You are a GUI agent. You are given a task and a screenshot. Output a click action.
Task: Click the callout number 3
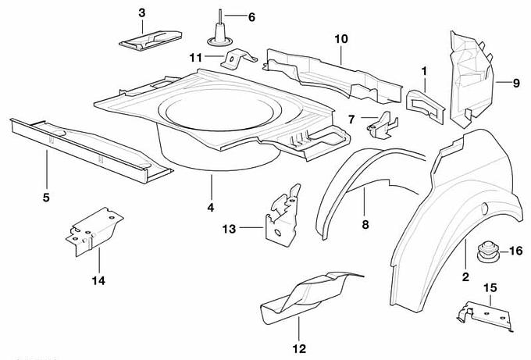(x=141, y=12)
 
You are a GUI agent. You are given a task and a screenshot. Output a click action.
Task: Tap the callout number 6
(x=251, y=16)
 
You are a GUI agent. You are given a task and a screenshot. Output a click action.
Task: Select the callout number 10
(x=340, y=38)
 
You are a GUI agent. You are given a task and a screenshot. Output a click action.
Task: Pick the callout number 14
(x=99, y=280)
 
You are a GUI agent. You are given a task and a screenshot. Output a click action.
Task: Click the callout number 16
(x=515, y=251)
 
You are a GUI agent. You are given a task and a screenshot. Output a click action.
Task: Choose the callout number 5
(x=46, y=198)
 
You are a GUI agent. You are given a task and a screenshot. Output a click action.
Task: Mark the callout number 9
(x=516, y=81)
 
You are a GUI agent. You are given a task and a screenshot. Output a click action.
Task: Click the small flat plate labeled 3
(x=146, y=38)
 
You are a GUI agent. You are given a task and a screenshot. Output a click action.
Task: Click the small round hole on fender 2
(x=484, y=209)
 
